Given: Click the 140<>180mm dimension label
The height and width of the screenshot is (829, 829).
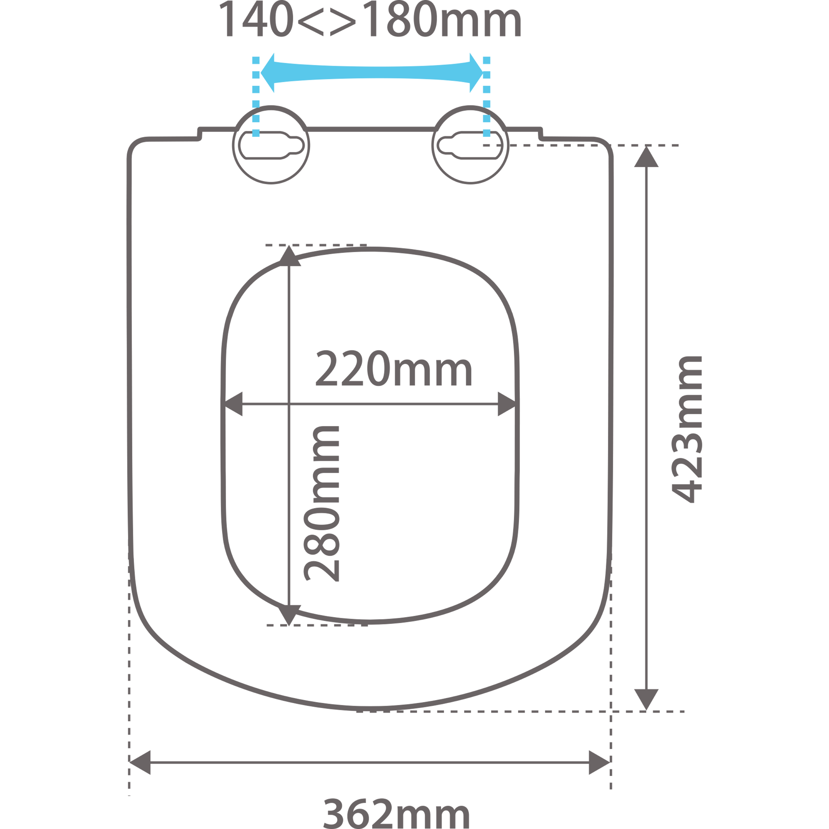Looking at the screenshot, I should tap(370, 20).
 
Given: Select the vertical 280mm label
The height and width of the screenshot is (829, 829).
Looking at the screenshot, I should tap(322, 504).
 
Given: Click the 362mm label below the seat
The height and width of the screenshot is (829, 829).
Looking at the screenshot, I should tap(396, 813).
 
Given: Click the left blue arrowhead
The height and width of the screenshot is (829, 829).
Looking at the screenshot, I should tap(269, 73).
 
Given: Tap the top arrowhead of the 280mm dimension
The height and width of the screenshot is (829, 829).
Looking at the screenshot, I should tap(289, 257).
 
